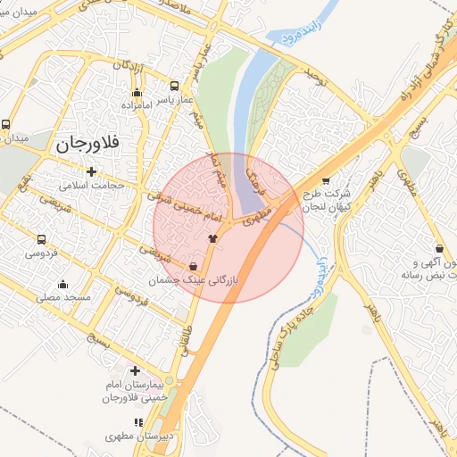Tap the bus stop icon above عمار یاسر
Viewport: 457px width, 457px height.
pos(174,87)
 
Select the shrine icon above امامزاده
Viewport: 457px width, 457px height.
pos(136,93)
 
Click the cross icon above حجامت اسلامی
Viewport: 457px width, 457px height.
pos(91,170)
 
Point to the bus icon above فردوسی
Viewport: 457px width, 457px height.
pos(41,239)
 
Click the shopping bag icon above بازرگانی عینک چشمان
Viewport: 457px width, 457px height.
pos(194,266)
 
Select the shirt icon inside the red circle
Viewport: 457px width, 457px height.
pos(212,238)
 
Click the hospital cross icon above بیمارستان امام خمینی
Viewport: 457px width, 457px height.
pos(135,370)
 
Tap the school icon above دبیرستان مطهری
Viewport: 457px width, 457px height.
pos(137,422)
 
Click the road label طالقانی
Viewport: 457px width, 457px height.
pos(188,340)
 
